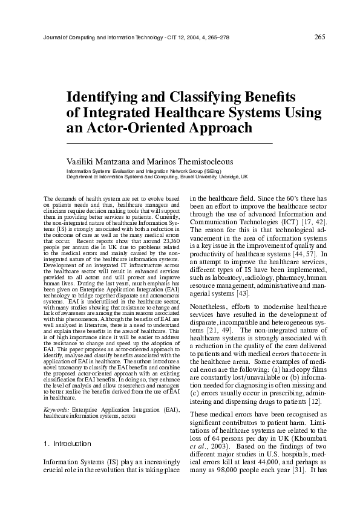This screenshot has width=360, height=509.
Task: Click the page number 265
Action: click(x=320, y=37)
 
